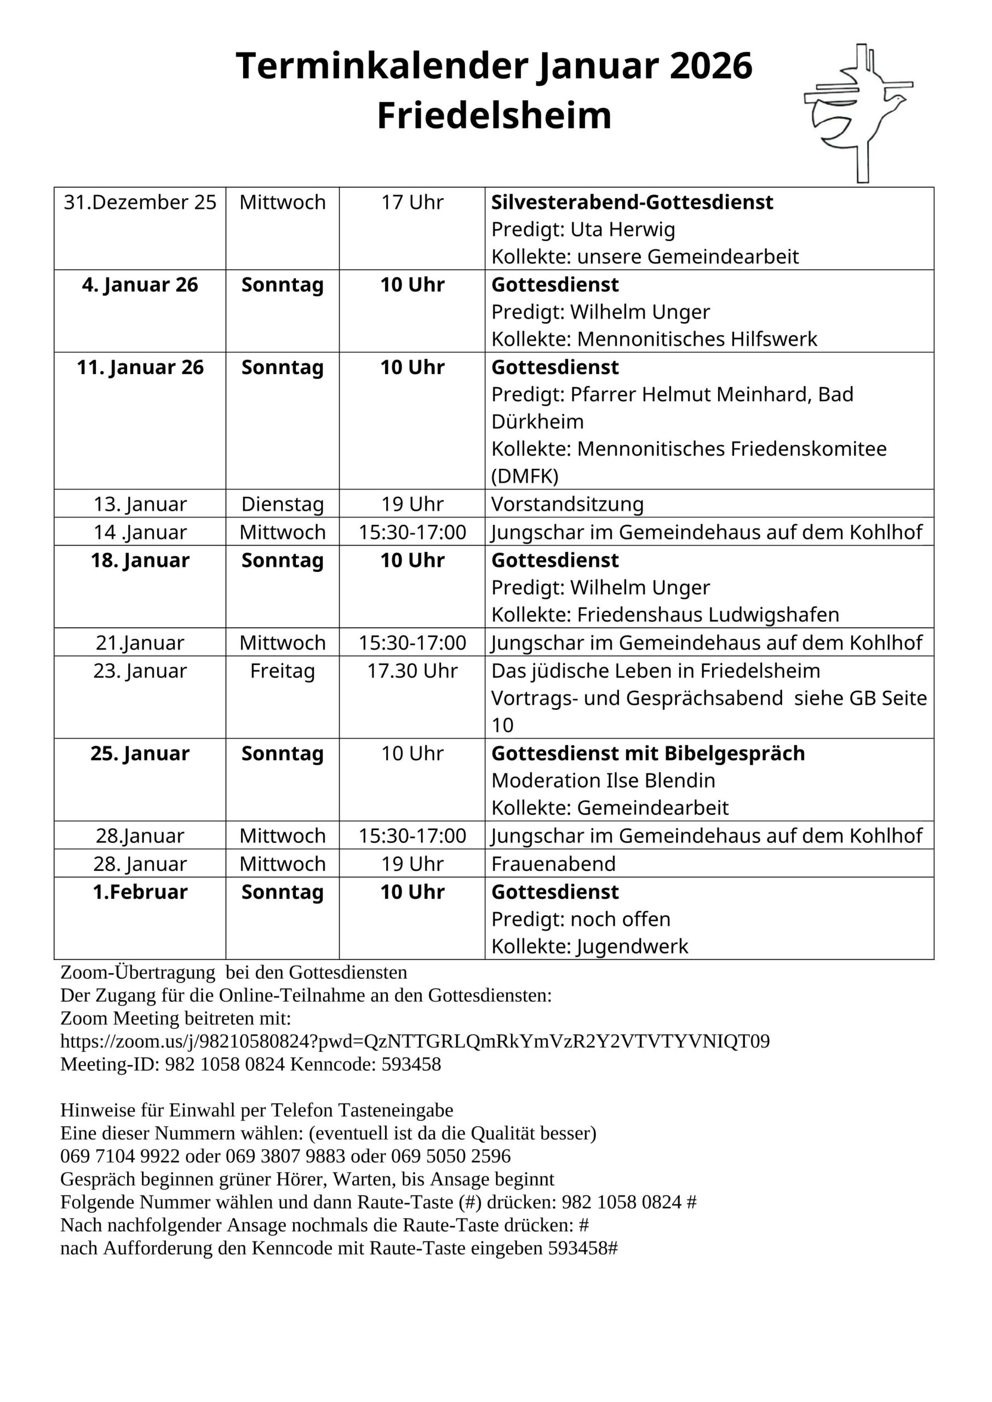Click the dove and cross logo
pyautogui.click(x=858, y=113)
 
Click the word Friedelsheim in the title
pyautogui.click(x=494, y=116)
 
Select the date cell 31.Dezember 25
pyautogui.click(x=140, y=202)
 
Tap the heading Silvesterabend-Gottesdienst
pyautogui.click(x=632, y=202)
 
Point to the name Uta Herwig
pyautogui.click(x=622, y=229)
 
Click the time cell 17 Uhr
pyautogui.click(x=412, y=202)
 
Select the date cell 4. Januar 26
pyautogui.click(x=140, y=285)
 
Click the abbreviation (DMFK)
pyautogui.click(x=525, y=476)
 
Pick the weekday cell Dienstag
pyautogui.click(x=282, y=504)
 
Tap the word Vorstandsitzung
pyautogui.click(x=567, y=504)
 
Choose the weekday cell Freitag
pyautogui.click(x=282, y=671)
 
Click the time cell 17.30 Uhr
pyautogui.click(x=412, y=671)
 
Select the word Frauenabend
pyautogui.click(x=553, y=864)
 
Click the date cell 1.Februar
pyautogui.click(x=140, y=892)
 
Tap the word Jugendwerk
pyautogui.click(x=632, y=946)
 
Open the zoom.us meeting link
pyautogui.click(x=415, y=1041)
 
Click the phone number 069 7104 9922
pyautogui.click(x=120, y=1156)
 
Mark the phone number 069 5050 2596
pyautogui.click(x=451, y=1156)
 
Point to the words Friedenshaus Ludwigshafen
pyautogui.click(x=708, y=614)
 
